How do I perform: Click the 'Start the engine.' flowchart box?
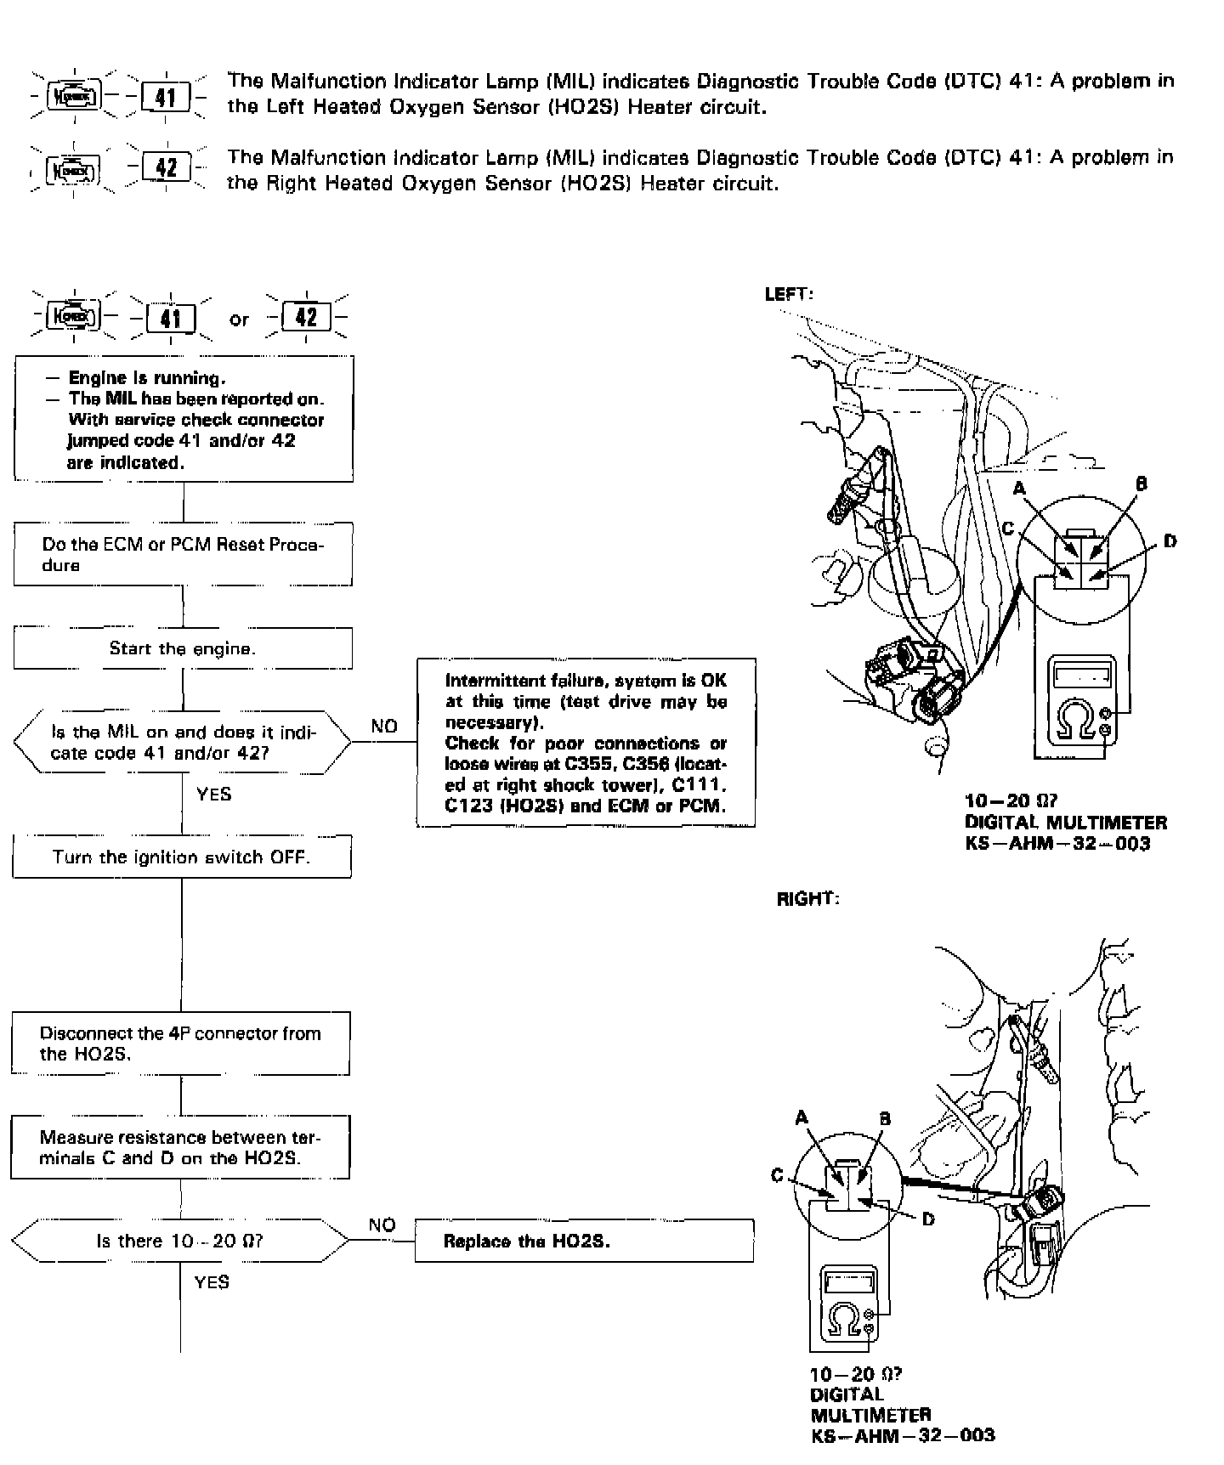pyautogui.click(x=182, y=648)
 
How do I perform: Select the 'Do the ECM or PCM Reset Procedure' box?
pyautogui.click(x=183, y=554)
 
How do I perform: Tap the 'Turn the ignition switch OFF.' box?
pyautogui.click(x=181, y=857)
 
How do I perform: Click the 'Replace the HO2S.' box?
pyautogui.click(x=584, y=1241)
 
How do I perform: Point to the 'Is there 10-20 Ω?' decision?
pyautogui.click(x=180, y=1241)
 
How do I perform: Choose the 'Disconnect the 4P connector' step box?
pyautogui.click(x=180, y=1044)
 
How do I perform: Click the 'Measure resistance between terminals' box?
pyautogui.click(x=180, y=1147)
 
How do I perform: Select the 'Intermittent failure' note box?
pyautogui.click(x=586, y=743)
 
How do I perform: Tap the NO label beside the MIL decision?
pyautogui.click(x=384, y=727)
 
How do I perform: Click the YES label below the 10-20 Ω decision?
pyautogui.click(x=212, y=1281)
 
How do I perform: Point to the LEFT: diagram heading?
pyautogui.click(x=790, y=294)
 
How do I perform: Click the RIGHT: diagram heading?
pyautogui.click(x=807, y=899)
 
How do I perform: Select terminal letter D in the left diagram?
pyautogui.click(x=1170, y=541)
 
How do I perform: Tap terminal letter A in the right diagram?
pyautogui.click(x=802, y=1118)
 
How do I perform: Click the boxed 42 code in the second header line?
pyautogui.click(x=167, y=167)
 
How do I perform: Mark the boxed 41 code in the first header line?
pyautogui.click(x=167, y=96)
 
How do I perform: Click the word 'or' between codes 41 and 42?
pyautogui.click(x=239, y=320)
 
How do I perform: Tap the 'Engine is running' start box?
pyautogui.click(x=183, y=420)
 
